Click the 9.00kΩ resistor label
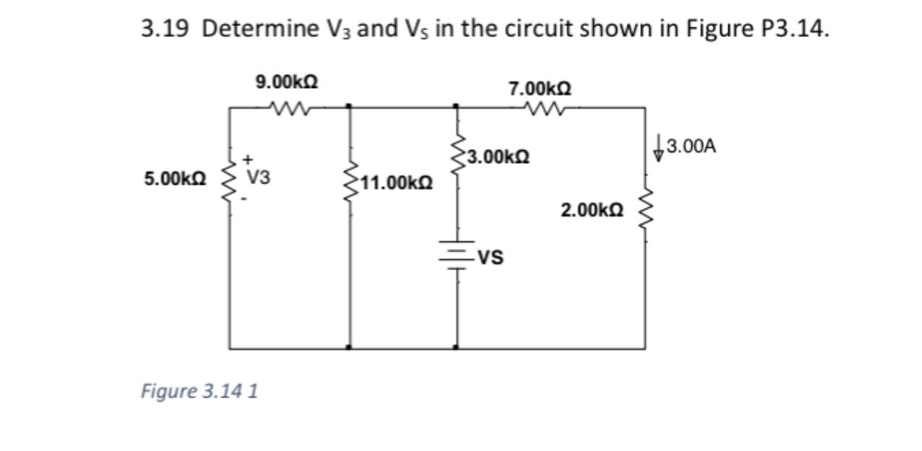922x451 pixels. (288, 82)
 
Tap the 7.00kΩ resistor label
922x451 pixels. (540, 89)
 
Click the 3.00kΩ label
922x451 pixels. (499, 156)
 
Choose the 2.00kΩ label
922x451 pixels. (591, 210)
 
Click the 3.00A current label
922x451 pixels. (691, 146)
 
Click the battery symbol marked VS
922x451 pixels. (456, 254)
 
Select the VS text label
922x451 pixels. (491, 256)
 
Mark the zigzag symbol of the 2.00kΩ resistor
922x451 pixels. (645, 210)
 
